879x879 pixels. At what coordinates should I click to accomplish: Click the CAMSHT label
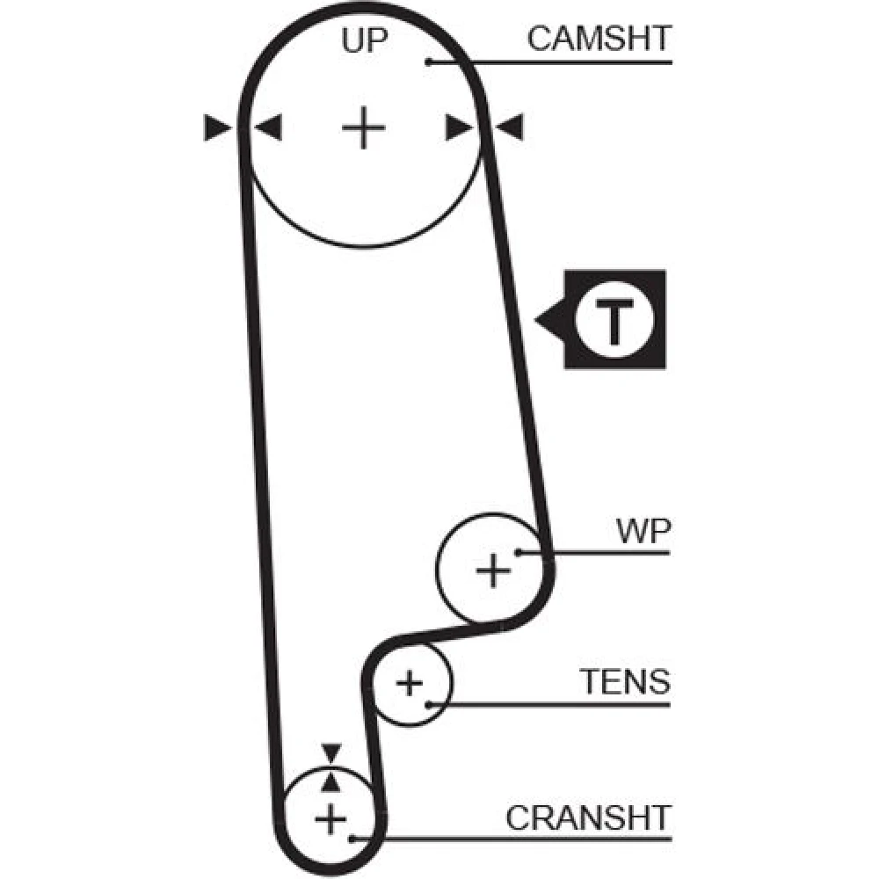(599, 38)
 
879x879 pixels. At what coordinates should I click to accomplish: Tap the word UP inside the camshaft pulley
(363, 40)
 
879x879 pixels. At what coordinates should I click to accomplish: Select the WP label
(643, 531)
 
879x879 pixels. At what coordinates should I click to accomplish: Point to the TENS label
(624, 681)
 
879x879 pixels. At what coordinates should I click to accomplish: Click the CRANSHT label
(587, 817)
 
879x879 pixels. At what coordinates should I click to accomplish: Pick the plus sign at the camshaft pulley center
(363, 129)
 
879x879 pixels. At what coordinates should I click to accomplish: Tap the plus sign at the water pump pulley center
(493, 571)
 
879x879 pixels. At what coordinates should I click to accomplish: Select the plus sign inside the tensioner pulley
(410, 682)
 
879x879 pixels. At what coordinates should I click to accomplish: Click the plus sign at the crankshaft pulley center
(331, 820)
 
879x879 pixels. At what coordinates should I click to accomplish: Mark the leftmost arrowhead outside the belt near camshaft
(216, 128)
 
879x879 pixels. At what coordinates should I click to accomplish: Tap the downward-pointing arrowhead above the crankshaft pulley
(331, 752)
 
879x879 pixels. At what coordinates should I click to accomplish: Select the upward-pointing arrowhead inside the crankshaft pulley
(331, 779)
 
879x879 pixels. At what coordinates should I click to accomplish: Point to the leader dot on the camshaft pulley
(428, 61)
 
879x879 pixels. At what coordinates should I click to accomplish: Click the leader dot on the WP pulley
(519, 552)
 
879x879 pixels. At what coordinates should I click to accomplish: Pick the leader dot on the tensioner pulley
(428, 703)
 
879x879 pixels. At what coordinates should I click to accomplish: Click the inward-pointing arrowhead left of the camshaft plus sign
(268, 128)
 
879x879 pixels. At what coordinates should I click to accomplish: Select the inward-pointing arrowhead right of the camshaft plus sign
(457, 128)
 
